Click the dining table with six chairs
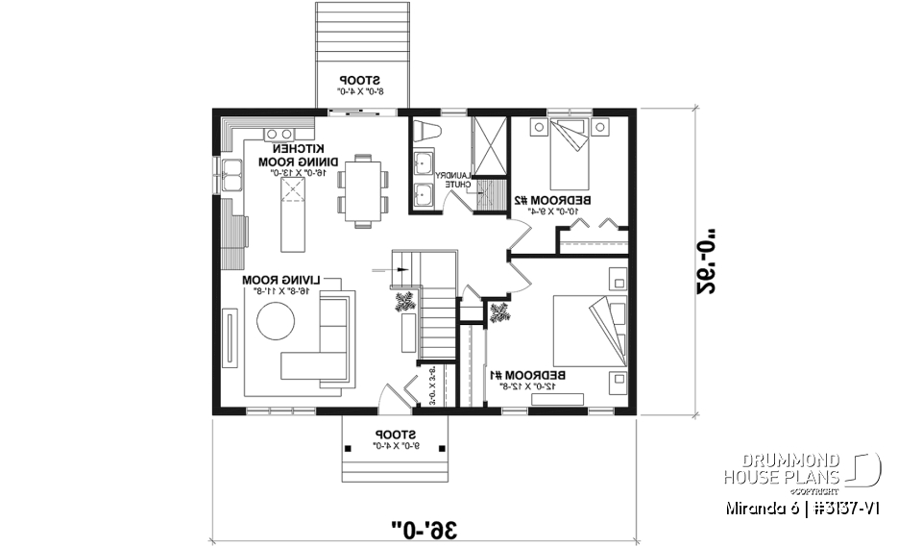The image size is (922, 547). pyautogui.click(x=363, y=189)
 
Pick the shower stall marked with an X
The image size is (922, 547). pyautogui.click(x=488, y=147)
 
